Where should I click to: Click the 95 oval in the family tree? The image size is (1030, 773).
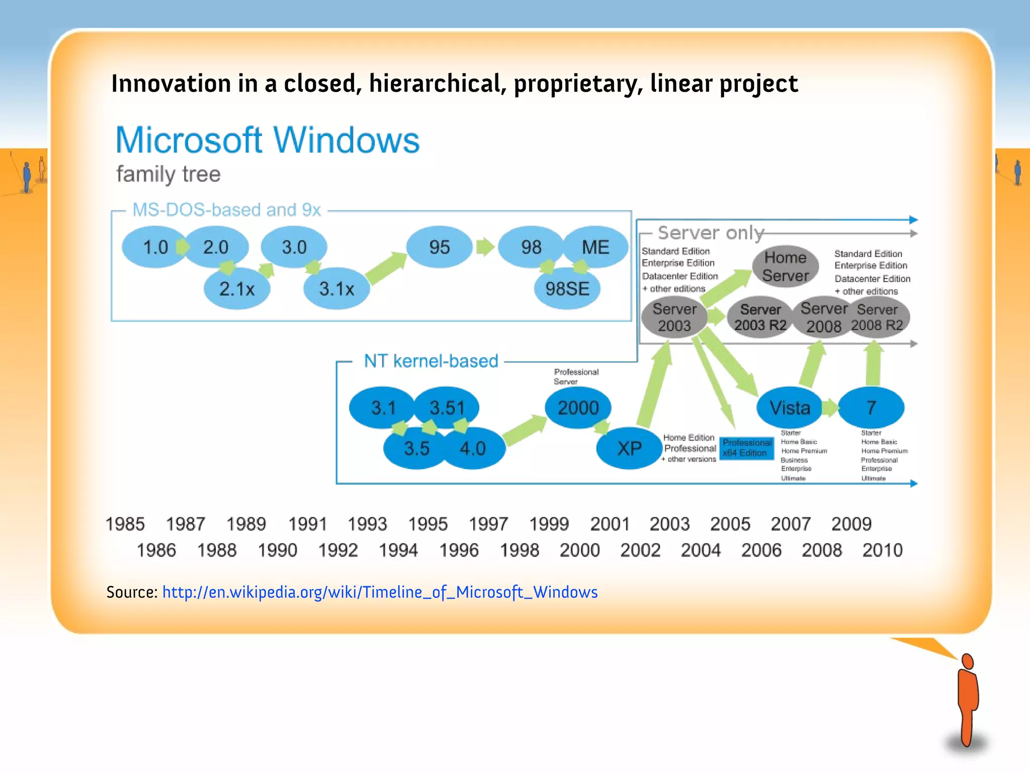(439, 247)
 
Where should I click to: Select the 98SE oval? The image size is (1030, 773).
(567, 289)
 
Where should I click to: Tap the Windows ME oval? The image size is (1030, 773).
(595, 247)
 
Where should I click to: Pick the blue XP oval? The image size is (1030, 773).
(629, 448)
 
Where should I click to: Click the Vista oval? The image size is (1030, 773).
(790, 408)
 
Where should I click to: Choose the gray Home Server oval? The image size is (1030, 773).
(785, 267)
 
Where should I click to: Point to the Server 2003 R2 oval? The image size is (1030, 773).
(760, 318)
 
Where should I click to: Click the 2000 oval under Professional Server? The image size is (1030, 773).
(578, 408)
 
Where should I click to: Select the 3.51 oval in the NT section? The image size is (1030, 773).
(447, 408)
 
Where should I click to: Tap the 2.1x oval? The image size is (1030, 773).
(237, 289)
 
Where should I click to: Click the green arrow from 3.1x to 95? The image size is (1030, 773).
(386, 268)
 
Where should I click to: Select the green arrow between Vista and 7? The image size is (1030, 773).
(830, 408)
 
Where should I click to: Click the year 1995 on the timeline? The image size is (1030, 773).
(427, 524)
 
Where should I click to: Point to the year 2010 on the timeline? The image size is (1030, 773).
(882, 550)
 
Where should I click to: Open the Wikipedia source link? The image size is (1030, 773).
(380, 592)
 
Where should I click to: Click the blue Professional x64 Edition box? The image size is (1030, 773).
(746, 448)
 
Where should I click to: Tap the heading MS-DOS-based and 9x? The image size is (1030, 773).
(226, 210)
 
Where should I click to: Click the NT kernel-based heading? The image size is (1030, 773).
(431, 361)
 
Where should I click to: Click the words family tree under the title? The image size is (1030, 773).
(168, 175)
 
